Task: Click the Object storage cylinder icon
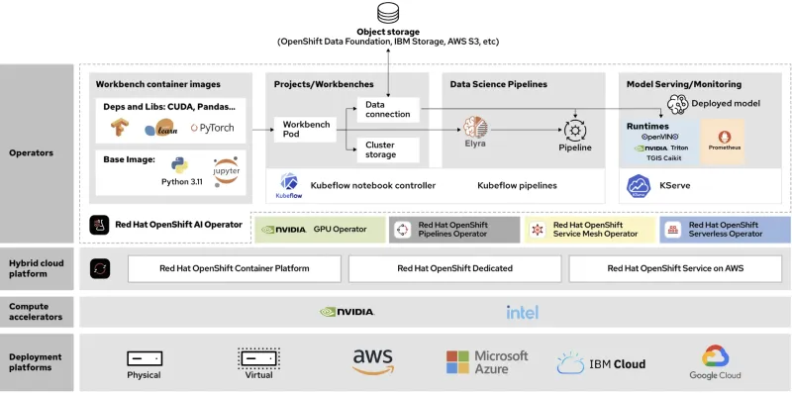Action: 387,13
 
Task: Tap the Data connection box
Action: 388,109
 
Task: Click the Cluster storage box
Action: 388,148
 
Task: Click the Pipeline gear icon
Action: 574,129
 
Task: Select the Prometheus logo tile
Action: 722,141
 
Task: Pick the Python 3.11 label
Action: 181,181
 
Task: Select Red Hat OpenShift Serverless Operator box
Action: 726,230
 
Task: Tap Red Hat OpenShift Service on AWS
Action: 674,268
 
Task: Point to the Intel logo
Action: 522,312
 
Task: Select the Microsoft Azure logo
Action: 487,362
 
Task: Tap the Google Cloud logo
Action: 715,361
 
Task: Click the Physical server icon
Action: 145,358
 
